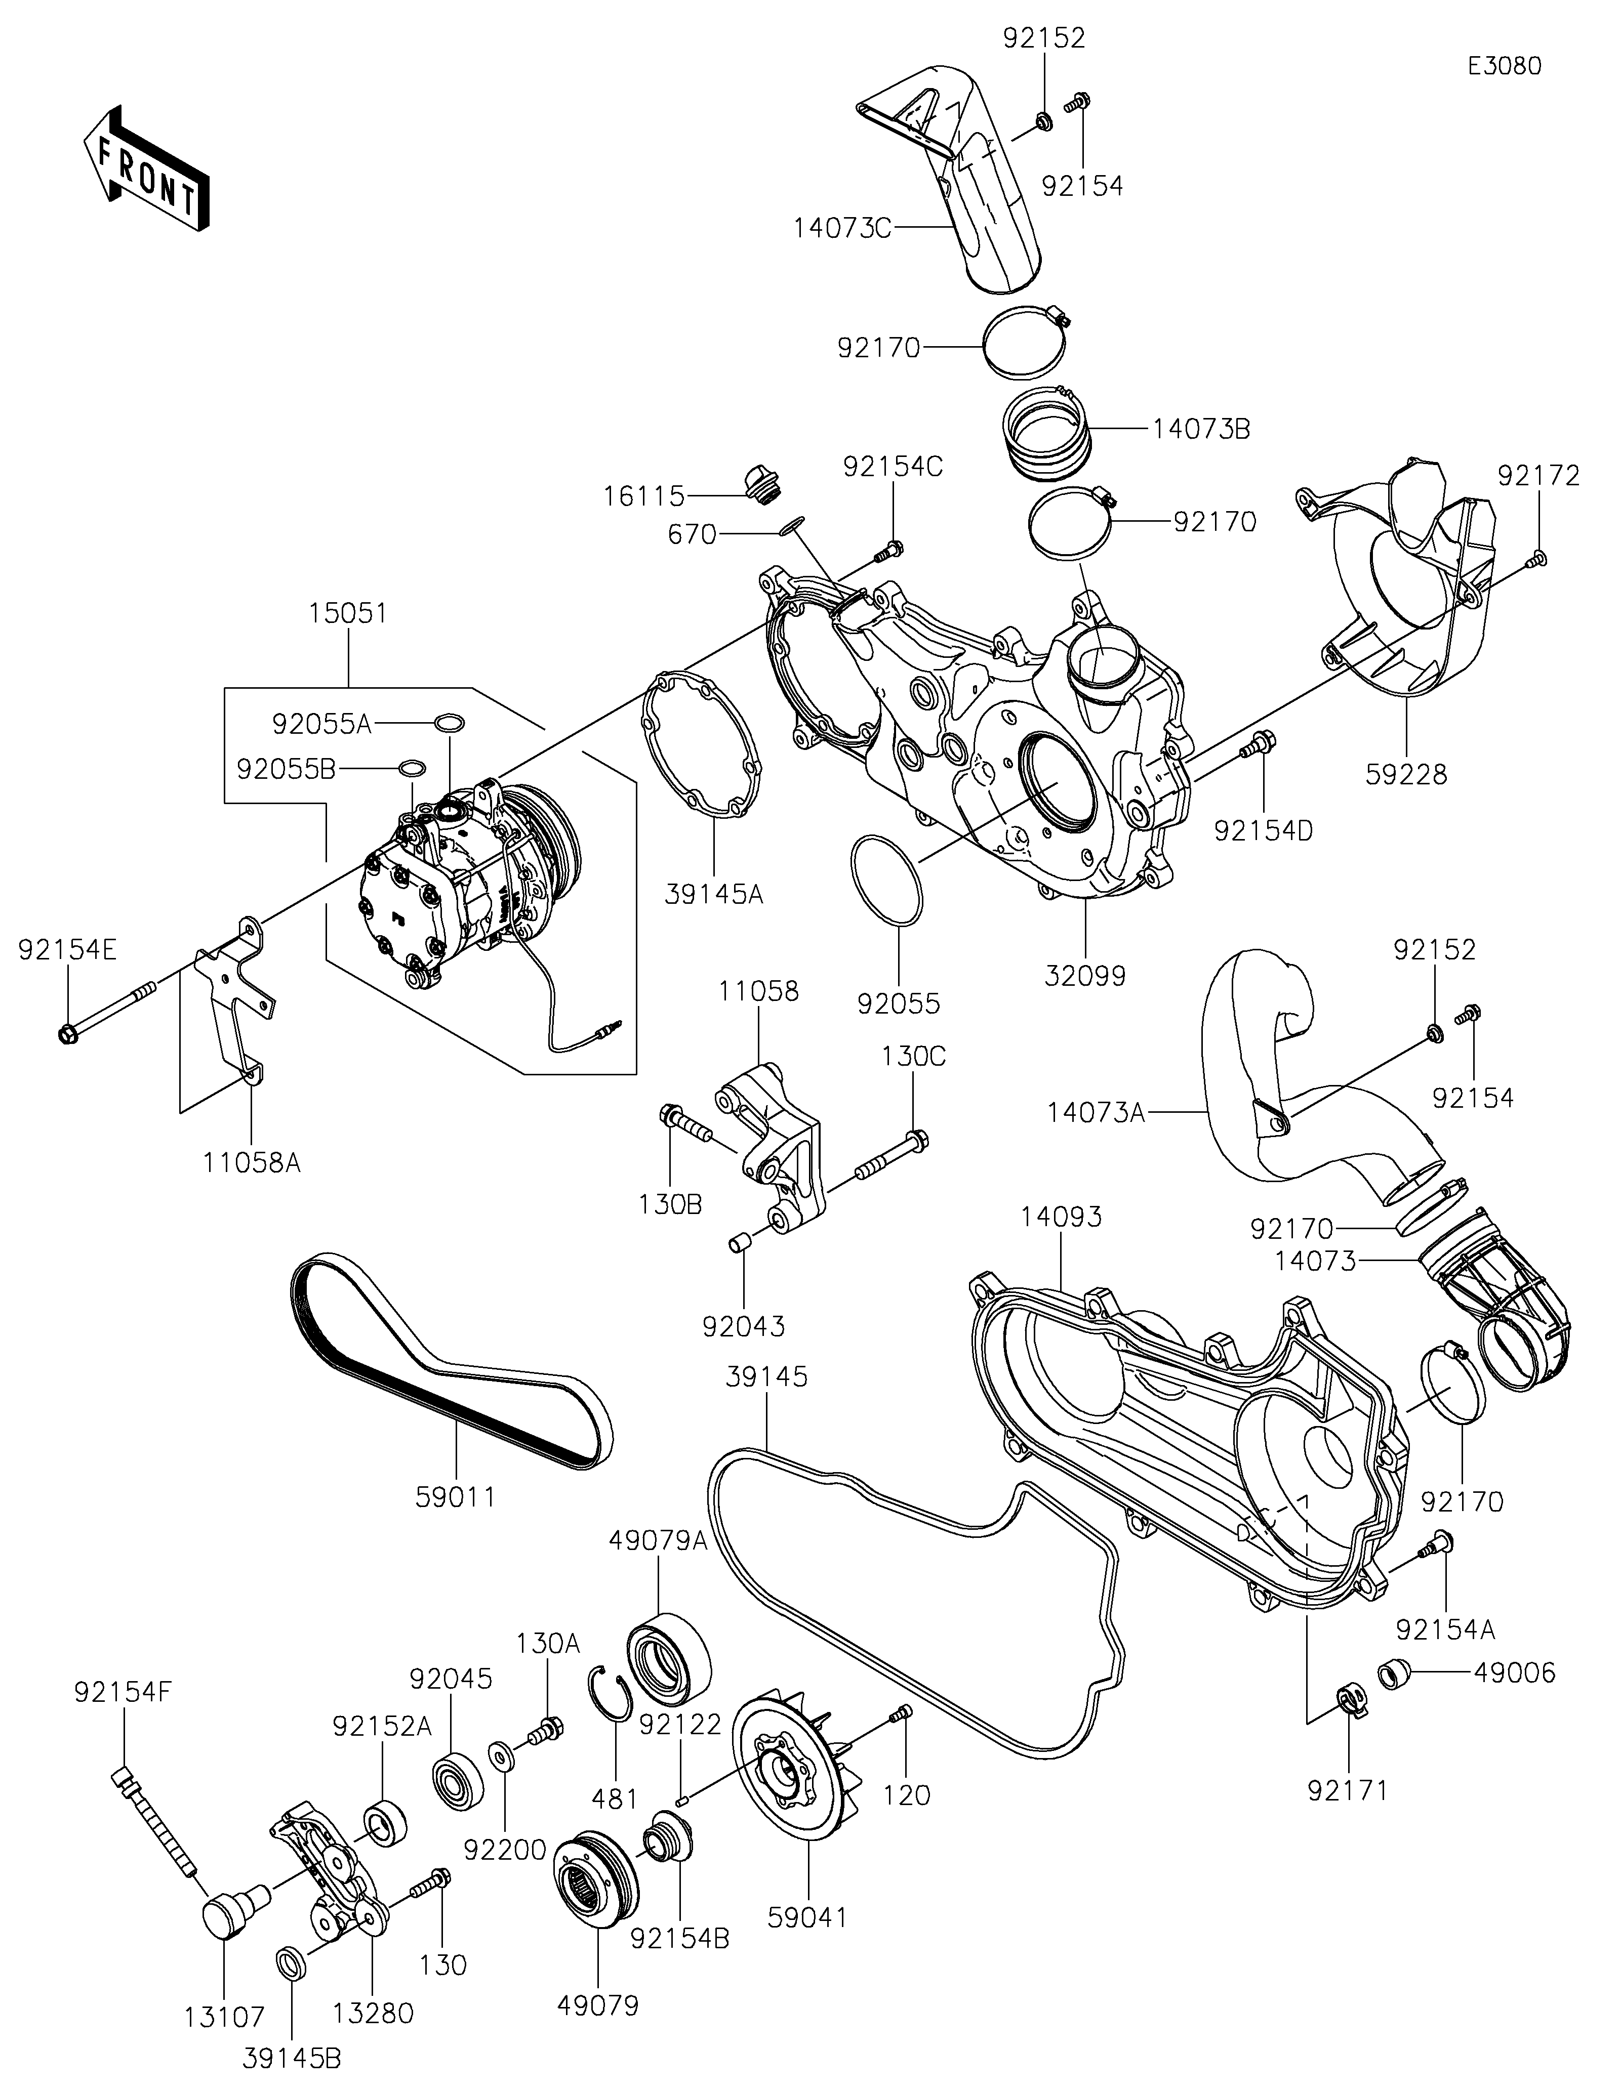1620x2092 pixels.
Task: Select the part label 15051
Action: pyautogui.click(x=348, y=613)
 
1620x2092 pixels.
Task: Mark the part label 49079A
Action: pyautogui.click(x=658, y=1540)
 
